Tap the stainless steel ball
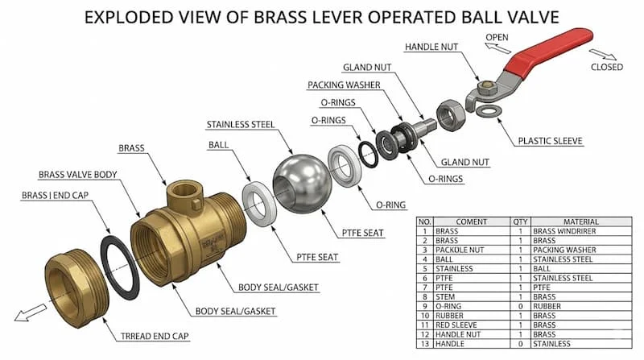(303, 184)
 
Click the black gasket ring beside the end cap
(120, 267)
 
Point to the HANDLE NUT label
(431, 47)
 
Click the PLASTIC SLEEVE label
(550, 141)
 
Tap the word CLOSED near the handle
(607, 67)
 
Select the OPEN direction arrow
(497, 48)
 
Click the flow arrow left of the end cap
(31, 312)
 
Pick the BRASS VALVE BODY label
(77, 175)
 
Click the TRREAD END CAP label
(155, 336)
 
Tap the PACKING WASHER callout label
(344, 85)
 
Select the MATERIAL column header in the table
(580, 221)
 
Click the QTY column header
(520, 221)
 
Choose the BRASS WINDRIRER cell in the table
(564, 231)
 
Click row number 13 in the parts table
(425, 344)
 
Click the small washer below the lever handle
(486, 110)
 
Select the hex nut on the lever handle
(486, 87)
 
